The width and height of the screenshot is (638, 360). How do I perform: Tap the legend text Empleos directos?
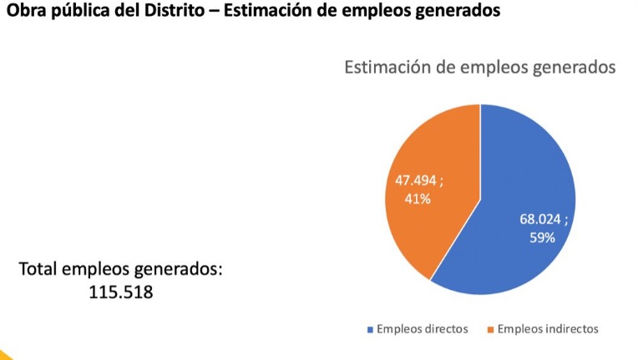[422, 329]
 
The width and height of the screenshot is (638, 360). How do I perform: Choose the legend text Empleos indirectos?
[548, 329]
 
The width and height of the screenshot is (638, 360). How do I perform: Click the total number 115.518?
[121, 292]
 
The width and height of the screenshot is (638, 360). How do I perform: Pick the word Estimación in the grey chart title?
[387, 68]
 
